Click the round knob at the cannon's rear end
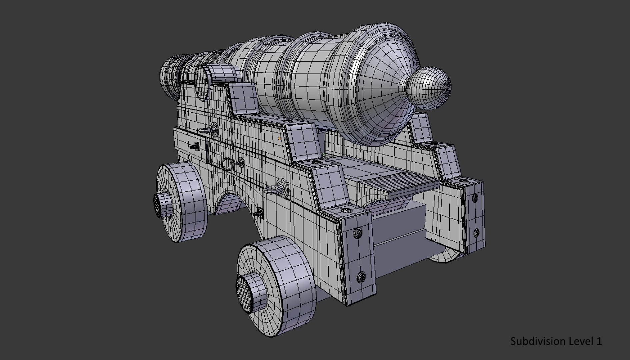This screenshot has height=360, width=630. [x=429, y=88]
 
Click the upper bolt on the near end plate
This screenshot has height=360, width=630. [x=357, y=233]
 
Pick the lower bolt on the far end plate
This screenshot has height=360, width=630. [x=476, y=232]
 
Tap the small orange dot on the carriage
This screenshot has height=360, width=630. [x=279, y=138]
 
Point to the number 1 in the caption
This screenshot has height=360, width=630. [x=599, y=341]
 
